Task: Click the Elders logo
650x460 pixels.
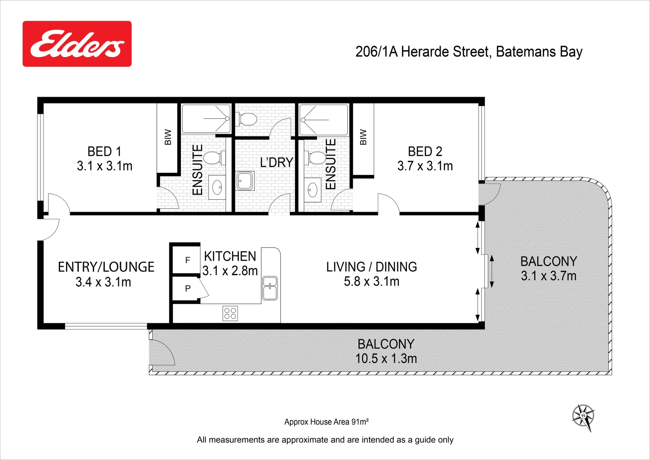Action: pos(77,44)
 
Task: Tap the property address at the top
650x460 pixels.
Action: pos(469,52)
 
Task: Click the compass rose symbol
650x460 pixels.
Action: pos(583,417)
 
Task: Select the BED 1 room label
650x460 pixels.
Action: pos(104,152)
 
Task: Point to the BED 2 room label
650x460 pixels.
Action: pos(425,152)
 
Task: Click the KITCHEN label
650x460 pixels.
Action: pos(230,256)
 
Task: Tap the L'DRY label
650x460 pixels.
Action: pos(276,162)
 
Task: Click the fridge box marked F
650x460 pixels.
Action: pos(187,260)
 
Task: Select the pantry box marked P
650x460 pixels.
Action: pos(187,289)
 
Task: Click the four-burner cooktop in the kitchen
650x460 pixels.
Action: pos(230,313)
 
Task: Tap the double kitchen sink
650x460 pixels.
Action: pos(270,288)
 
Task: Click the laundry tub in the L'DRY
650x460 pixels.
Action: pos(245,181)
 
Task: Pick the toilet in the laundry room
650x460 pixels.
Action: pos(247,119)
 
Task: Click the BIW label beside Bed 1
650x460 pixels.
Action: pos(168,137)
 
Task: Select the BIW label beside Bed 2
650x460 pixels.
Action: pos(363,137)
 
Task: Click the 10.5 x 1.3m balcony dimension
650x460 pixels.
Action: pos(386,359)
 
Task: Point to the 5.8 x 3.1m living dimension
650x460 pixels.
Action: pos(371,282)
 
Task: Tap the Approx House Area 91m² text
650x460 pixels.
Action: pos(326,422)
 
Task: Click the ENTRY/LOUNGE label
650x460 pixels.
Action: pos(106,267)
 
